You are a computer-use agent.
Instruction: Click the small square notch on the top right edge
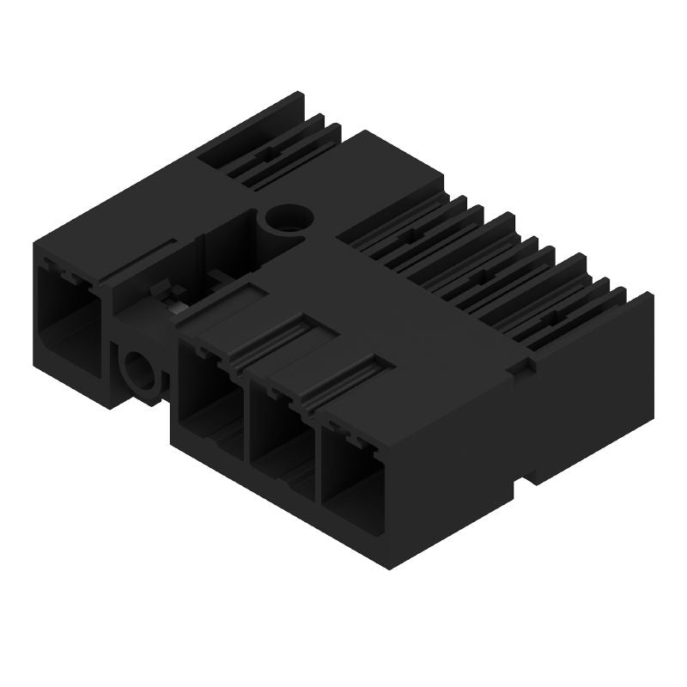[x=516, y=368]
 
